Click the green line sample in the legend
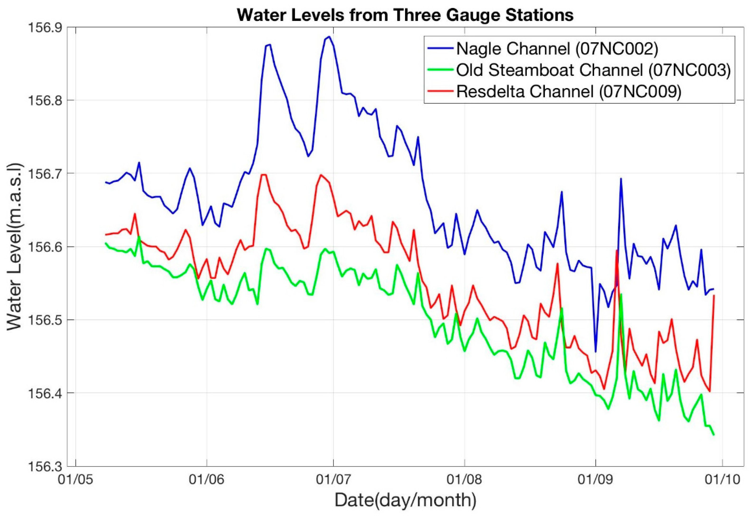(x=440, y=70)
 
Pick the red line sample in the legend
(x=440, y=92)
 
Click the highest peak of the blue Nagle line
(x=329, y=37)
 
